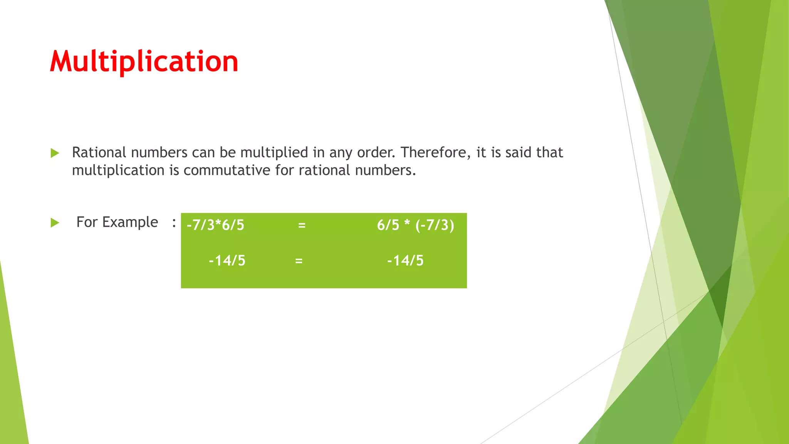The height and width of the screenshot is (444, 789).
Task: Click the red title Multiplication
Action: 144,62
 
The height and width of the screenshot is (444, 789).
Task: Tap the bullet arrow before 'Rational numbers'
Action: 55,153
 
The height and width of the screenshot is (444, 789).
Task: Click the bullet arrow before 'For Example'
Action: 55,223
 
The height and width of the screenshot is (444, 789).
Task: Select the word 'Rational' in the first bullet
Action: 99,153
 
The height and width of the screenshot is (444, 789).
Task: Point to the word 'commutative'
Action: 227,170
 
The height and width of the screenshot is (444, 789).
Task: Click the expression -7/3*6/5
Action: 215,225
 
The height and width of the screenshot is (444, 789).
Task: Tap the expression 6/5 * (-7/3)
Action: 415,225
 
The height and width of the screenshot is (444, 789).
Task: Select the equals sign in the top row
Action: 302,225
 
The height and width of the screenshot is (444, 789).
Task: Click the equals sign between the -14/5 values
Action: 299,261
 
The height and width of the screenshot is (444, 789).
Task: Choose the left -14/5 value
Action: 227,261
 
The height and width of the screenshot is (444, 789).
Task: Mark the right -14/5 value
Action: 405,261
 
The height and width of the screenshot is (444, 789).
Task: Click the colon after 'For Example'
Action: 174,223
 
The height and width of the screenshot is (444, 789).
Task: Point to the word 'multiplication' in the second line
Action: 118,170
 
